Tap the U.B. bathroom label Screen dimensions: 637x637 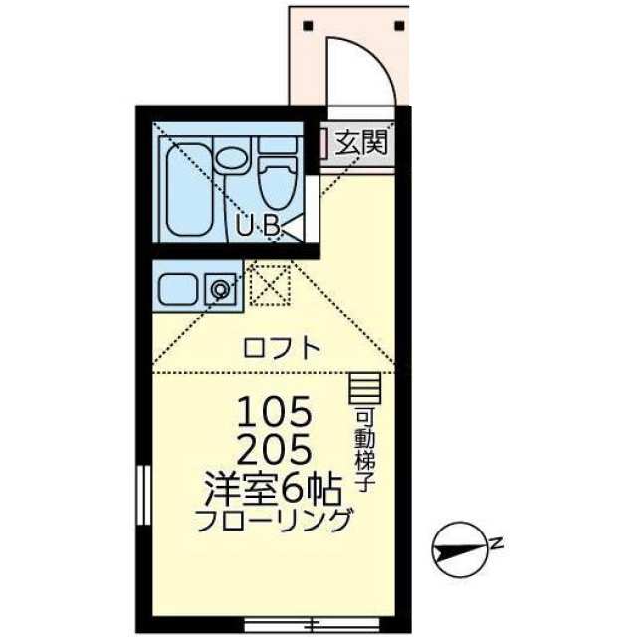261,226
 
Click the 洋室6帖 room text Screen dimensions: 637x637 273,488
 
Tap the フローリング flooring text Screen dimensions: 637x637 274,520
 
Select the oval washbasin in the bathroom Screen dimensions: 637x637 231,158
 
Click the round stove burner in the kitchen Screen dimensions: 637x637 219,289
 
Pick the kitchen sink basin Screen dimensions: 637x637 180,288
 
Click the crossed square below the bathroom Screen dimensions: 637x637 268,285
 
